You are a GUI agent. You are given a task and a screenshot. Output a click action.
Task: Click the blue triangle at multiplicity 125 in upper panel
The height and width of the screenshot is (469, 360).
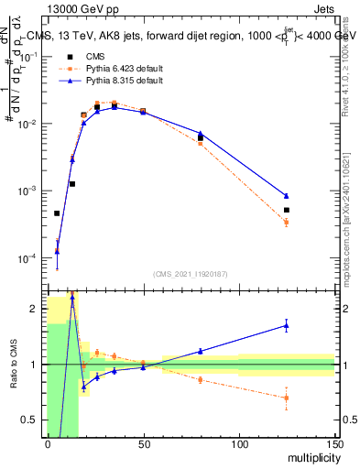coord(287,196)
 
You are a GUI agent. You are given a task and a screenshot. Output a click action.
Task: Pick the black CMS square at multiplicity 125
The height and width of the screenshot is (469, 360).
coord(287,210)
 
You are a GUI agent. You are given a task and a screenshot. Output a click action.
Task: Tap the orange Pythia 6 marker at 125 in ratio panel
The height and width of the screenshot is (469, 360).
coord(287,398)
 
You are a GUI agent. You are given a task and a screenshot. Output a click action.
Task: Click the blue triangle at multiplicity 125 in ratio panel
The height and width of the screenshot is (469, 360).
coord(287,325)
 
